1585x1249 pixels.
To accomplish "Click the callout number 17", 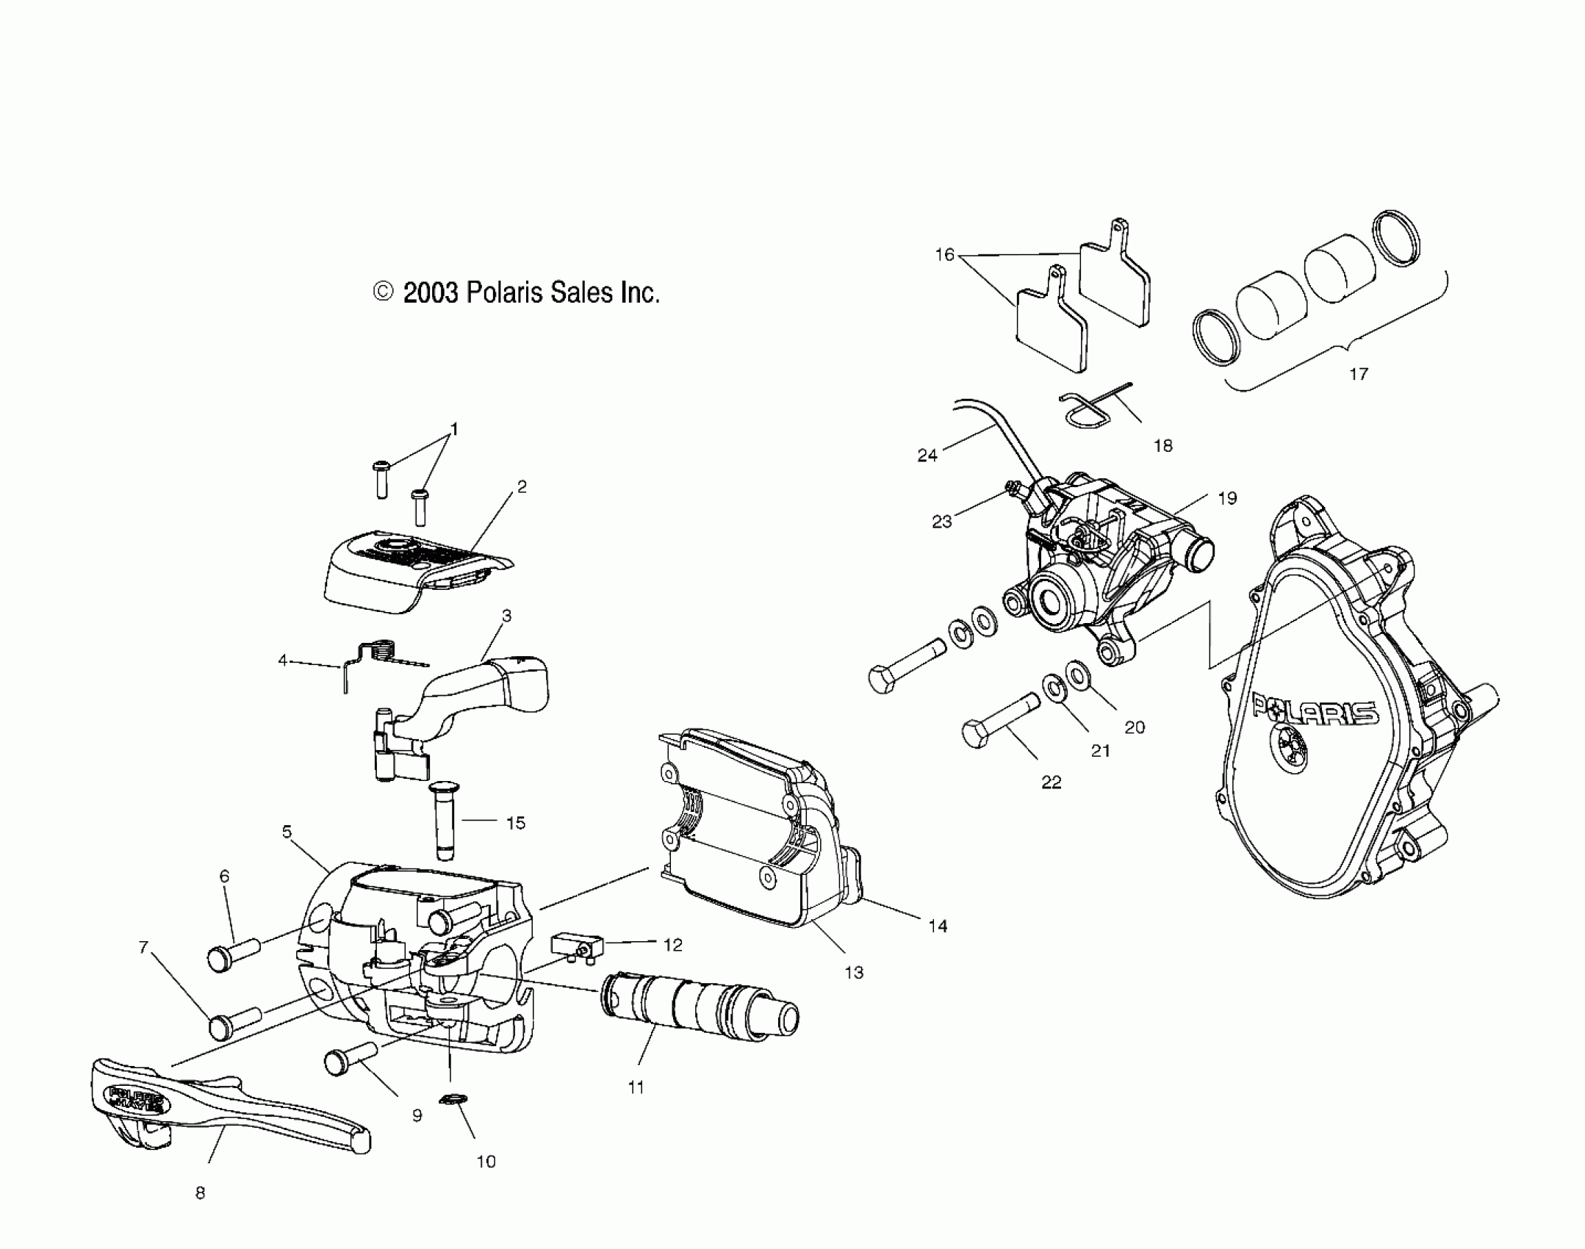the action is pos(1359,374).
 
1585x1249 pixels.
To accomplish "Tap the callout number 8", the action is pos(200,1193).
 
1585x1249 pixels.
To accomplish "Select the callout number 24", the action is pos(927,456).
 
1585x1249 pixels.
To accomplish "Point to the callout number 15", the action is pos(516,823).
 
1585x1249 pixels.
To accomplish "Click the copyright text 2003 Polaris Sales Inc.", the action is pos(517,293).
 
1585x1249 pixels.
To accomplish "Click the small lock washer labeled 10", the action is pos(450,1120).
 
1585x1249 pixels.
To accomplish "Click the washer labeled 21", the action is pos(1054,688).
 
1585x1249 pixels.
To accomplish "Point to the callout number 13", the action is pos(853,973).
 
